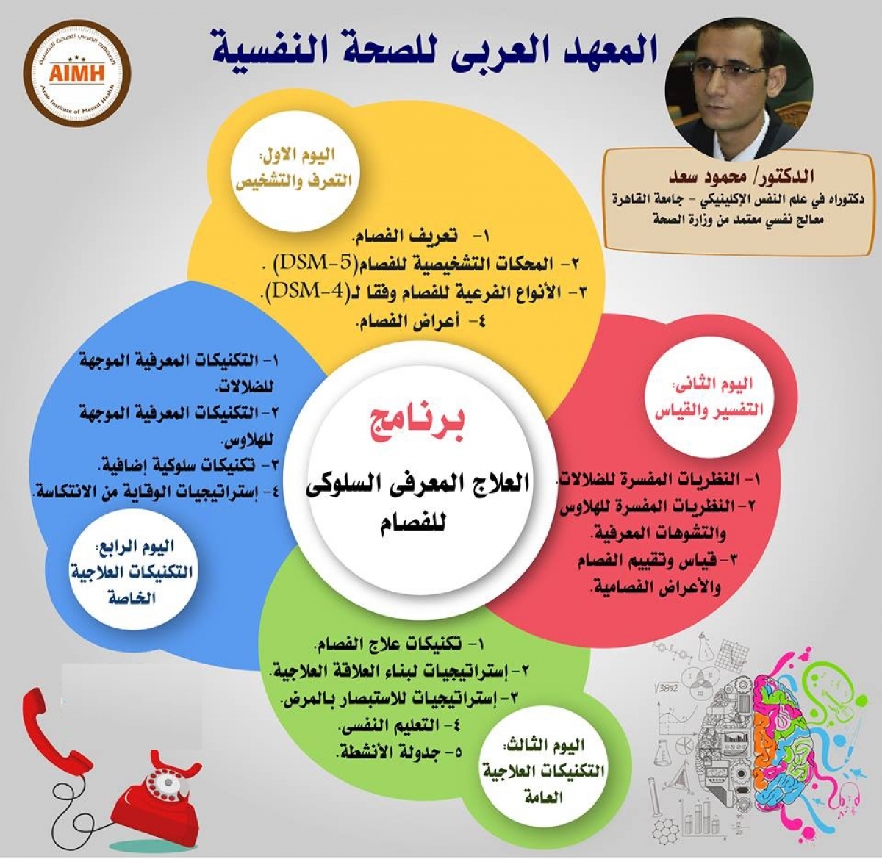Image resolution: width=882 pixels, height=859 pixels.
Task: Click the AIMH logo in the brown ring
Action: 76,71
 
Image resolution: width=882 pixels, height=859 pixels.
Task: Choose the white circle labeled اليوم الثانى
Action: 706,398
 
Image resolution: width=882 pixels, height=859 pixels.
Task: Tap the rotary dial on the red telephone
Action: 165,781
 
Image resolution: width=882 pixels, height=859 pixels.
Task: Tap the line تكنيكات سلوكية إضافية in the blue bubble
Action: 188,464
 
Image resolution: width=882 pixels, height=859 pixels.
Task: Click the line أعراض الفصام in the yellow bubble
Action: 420,323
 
